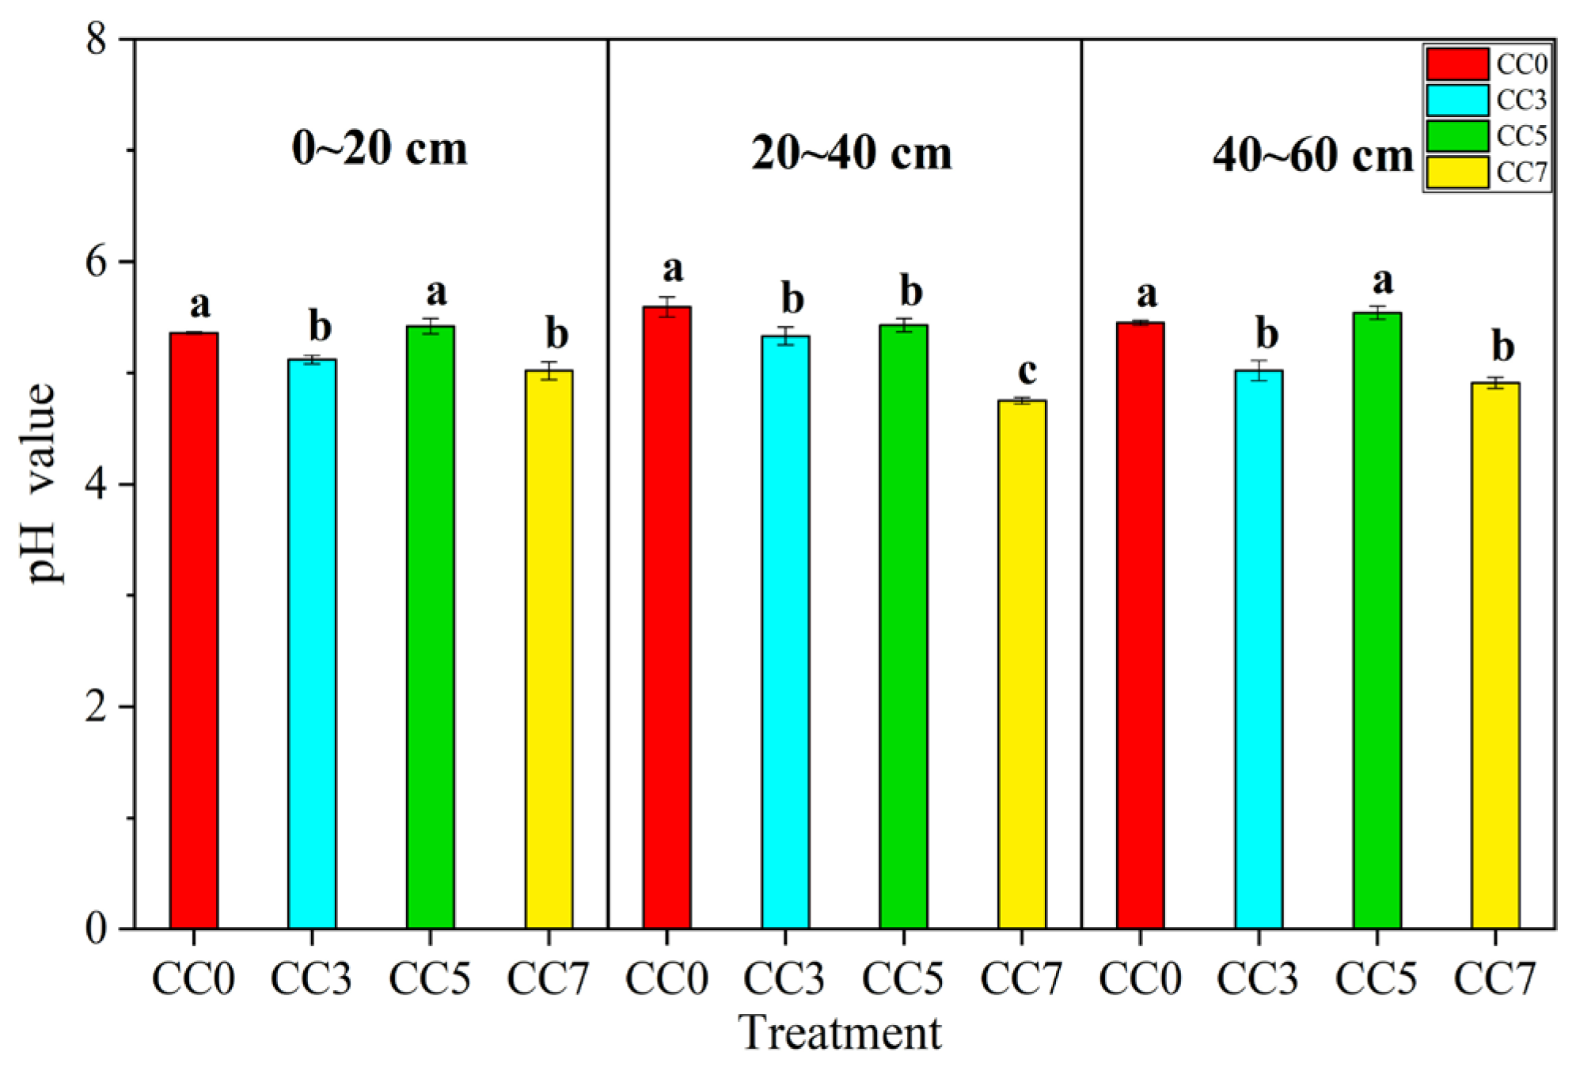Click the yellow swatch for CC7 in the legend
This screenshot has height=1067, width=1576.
pyautogui.click(x=1456, y=172)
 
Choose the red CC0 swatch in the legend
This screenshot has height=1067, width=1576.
pyautogui.click(x=1456, y=63)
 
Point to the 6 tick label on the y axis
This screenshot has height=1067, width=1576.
pyautogui.click(x=97, y=262)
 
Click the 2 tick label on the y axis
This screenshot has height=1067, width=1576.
pyautogui.click(x=97, y=706)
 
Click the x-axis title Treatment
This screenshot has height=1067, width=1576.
pyautogui.click(x=840, y=1033)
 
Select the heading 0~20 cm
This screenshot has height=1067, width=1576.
pyautogui.click(x=379, y=148)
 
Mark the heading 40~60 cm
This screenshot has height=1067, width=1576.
pyautogui.click(x=1312, y=154)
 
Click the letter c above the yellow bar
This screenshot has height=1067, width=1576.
pyautogui.click(x=1027, y=370)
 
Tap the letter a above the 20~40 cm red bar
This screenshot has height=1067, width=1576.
pyautogui.click(x=672, y=269)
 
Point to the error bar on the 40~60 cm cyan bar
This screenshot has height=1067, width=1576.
pyautogui.click(x=1259, y=370)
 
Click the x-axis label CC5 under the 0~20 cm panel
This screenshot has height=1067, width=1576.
pyautogui.click(x=430, y=979)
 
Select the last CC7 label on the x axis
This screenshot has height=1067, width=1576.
pyautogui.click(x=1494, y=979)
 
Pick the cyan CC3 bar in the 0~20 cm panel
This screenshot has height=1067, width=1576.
pyautogui.click(x=312, y=643)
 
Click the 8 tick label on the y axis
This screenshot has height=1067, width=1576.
pyautogui.click(x=97, y=40)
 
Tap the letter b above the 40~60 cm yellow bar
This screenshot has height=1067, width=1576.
pyautogui.click(x=1502, y=347)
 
